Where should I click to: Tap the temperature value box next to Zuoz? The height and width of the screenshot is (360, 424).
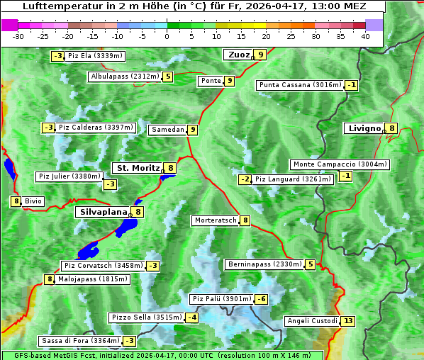261,55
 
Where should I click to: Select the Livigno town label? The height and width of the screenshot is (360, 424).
364,128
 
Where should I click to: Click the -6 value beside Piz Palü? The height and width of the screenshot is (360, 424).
262,299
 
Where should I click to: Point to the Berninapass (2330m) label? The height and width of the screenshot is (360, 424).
264,264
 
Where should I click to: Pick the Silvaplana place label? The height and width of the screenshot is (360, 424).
104,211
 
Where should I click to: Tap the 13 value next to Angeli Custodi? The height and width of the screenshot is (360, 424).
347,321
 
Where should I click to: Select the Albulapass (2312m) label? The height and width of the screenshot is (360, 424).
124,77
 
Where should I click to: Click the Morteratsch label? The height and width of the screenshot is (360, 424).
216,220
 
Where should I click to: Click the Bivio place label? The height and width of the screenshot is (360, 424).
33,201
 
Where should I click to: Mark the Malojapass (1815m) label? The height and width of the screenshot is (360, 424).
92,279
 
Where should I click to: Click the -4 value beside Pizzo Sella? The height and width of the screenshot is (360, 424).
192,317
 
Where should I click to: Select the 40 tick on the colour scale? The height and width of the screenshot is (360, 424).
365,36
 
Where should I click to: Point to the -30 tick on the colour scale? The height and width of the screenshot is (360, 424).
18,36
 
